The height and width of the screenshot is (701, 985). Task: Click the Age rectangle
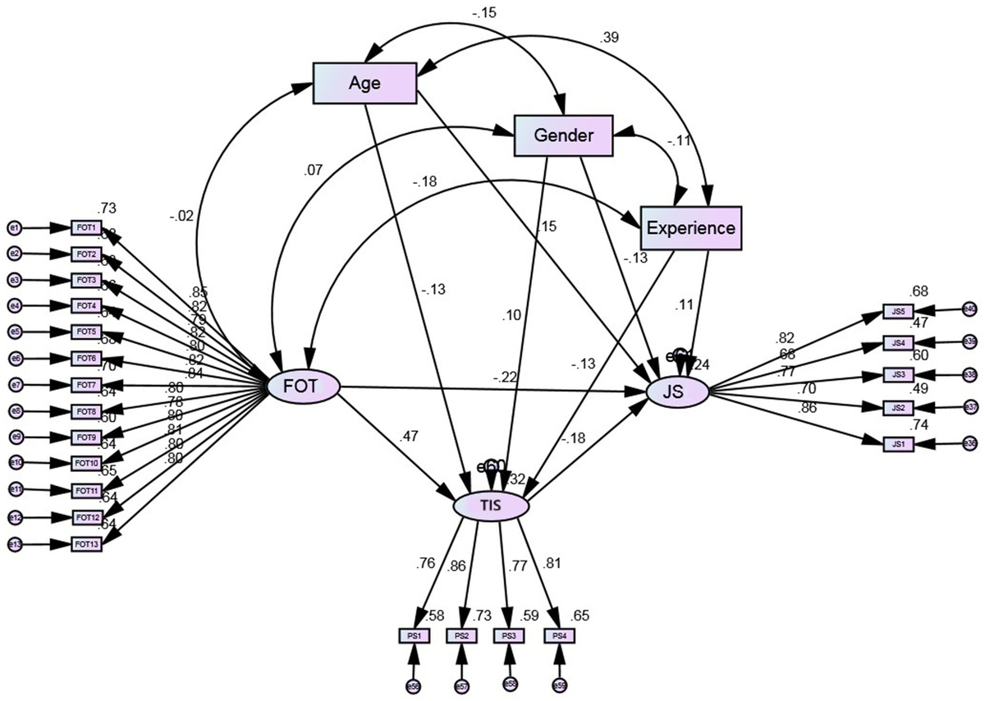point(365,83)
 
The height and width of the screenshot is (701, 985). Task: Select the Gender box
point(564,135)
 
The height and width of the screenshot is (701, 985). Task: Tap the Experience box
point(690,227)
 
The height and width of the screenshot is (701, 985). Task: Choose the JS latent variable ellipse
point(677,392)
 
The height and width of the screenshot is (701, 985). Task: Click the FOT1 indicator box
point(86,227)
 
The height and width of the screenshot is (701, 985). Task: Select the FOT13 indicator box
point(86,543)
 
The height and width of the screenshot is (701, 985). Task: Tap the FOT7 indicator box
point(86,385)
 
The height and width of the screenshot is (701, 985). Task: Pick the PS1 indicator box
point(414,635)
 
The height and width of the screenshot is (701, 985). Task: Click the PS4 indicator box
point(559,635)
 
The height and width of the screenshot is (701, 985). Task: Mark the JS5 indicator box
point(898,311)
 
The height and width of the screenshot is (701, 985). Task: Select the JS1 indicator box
point(898,444)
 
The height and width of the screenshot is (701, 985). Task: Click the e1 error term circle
point(13,227)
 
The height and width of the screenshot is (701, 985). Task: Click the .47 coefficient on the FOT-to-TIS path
point(409,438)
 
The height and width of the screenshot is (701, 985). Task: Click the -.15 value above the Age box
point(484,13)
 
